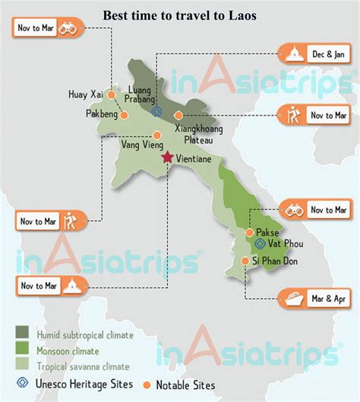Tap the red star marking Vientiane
tap(167, 157)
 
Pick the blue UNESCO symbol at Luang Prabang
tap(156, 111)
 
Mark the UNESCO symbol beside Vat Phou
tap(259, 244)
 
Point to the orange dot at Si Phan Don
tap(245, 260)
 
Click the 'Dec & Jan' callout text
tap(328, 54)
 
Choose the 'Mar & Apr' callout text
tap(328, 296)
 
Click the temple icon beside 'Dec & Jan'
tap(293, 54)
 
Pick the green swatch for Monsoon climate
tap(24, 350)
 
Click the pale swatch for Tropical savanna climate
tap(24, 366)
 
